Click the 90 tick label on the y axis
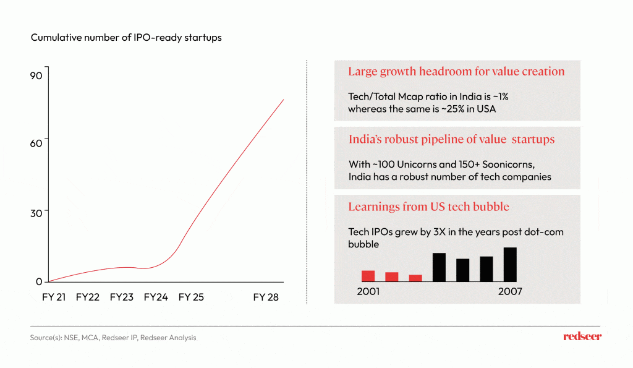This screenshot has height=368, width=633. (36, 75)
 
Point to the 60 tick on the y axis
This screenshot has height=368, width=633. (36, 143)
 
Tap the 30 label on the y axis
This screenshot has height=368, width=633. (36, 212)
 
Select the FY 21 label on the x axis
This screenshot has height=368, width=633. (54, 297)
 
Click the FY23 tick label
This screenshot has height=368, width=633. (122, 297)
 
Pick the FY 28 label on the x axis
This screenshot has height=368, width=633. (266, 297)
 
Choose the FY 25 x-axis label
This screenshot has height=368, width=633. (191, 297)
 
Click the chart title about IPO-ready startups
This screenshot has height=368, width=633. (126, 38)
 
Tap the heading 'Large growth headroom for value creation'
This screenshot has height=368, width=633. (456, 71)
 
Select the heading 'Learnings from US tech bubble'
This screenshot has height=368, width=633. (428, 207)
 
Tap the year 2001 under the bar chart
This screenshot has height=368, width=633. (369, 291)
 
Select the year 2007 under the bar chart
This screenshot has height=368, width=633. (510, 291)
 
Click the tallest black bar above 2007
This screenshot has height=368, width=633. (510, 265)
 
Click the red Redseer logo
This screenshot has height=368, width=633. (582, 336)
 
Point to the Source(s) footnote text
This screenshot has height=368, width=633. (113, 338)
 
